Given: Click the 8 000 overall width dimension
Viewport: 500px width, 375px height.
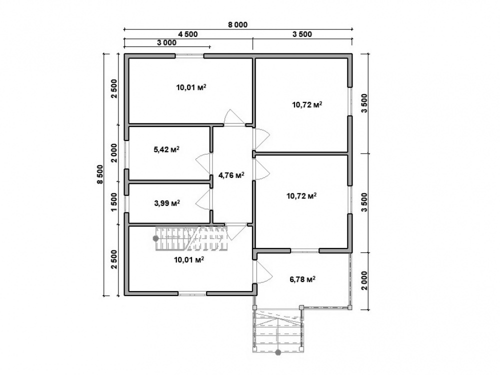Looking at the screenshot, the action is pos(237,24).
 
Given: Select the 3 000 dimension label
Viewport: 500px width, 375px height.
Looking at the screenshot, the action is pos(166,42).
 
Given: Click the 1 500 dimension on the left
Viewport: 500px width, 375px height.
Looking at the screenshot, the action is pos(114,202).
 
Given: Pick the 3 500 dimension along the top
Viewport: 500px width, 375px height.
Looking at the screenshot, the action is pos(302,34).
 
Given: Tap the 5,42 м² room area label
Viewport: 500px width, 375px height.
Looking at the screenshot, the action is pos(166,149).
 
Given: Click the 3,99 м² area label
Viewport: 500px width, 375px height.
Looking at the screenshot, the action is pos(167,203).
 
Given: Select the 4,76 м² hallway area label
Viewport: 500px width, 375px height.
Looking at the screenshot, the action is pos(231,175).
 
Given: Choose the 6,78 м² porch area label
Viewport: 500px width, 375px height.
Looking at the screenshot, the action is pos(302,279).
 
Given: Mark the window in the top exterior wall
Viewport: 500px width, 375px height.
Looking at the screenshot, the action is pos(189,56).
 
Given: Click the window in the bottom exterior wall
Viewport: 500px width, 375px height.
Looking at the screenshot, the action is pos(192,293).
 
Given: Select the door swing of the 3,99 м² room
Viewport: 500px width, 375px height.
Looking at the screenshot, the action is pos(203,199).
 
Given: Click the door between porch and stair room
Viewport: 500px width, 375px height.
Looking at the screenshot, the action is pos(262,271).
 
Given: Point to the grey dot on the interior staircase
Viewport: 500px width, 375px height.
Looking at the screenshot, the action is pos(156,238).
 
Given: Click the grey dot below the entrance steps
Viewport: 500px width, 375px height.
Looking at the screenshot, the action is pos(278,352).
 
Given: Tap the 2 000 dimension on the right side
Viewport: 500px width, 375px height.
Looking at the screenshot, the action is pos(364,280).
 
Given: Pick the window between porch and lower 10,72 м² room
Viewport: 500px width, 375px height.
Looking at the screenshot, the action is pos(305,250).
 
